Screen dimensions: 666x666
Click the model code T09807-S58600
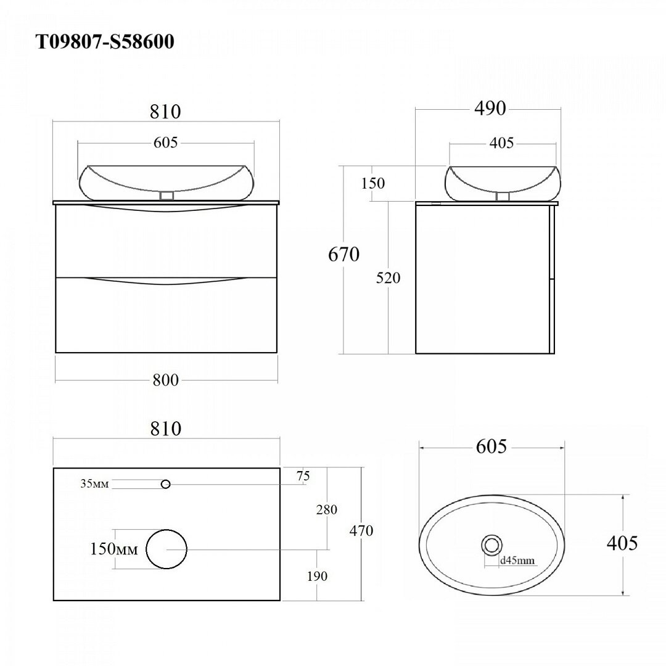pyautogui.click(x=104, y=42)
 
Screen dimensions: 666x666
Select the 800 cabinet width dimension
pyautogui.click(x=166, y=380)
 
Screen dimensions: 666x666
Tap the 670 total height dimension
pyautogui.click(x=343, y=255)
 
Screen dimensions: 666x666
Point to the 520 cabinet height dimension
pyautogui.click(x=388, y=277)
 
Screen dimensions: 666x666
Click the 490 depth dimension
pyautogui.click(x=490, y=109)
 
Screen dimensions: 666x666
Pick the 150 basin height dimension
pyautogui.click(x=373, y=183)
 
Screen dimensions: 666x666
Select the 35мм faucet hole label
pyautogui.click(x=95, y=483)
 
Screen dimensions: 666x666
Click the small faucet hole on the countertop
pyautogui.click(x=166, y=484)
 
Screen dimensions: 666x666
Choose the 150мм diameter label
pyautogui.click(x=114, y=549)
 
